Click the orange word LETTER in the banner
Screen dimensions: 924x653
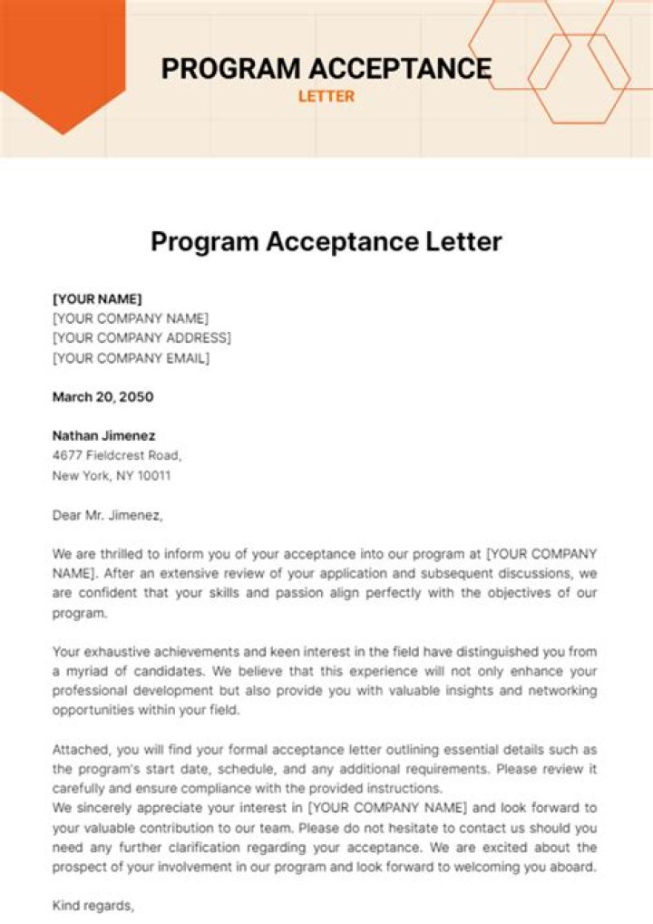tap(326, 96)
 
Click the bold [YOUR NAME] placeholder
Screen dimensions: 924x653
tap(97, 298)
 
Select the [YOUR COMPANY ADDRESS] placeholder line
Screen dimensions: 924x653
tap(141, 338)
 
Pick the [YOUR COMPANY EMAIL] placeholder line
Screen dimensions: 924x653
tap(131, 358)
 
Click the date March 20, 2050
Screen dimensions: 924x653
tap(102, 396)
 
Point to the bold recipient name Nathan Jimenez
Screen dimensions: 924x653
tap(102, 435)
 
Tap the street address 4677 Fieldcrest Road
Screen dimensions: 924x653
tap(117, 455)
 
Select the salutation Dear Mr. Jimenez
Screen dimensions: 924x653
tap(107, 515)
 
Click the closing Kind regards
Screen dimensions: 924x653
tap(93, 905)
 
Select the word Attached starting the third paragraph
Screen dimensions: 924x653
tap(81, 750)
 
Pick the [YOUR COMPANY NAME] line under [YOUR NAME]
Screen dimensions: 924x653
tap(131, 318)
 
